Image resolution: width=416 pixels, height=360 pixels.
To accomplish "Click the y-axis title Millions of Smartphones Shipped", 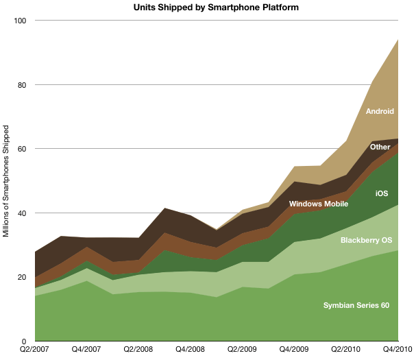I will pos(6,181).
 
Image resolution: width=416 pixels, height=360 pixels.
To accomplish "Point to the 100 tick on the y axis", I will pos(21,21).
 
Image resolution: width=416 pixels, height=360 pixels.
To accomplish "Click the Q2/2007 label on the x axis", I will pos(35,351).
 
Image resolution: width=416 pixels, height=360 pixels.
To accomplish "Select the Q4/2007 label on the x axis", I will pos(86,351).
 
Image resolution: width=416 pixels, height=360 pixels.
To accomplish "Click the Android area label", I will pos(380,111).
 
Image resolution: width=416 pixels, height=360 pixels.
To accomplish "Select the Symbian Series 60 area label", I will pos(356,305).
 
